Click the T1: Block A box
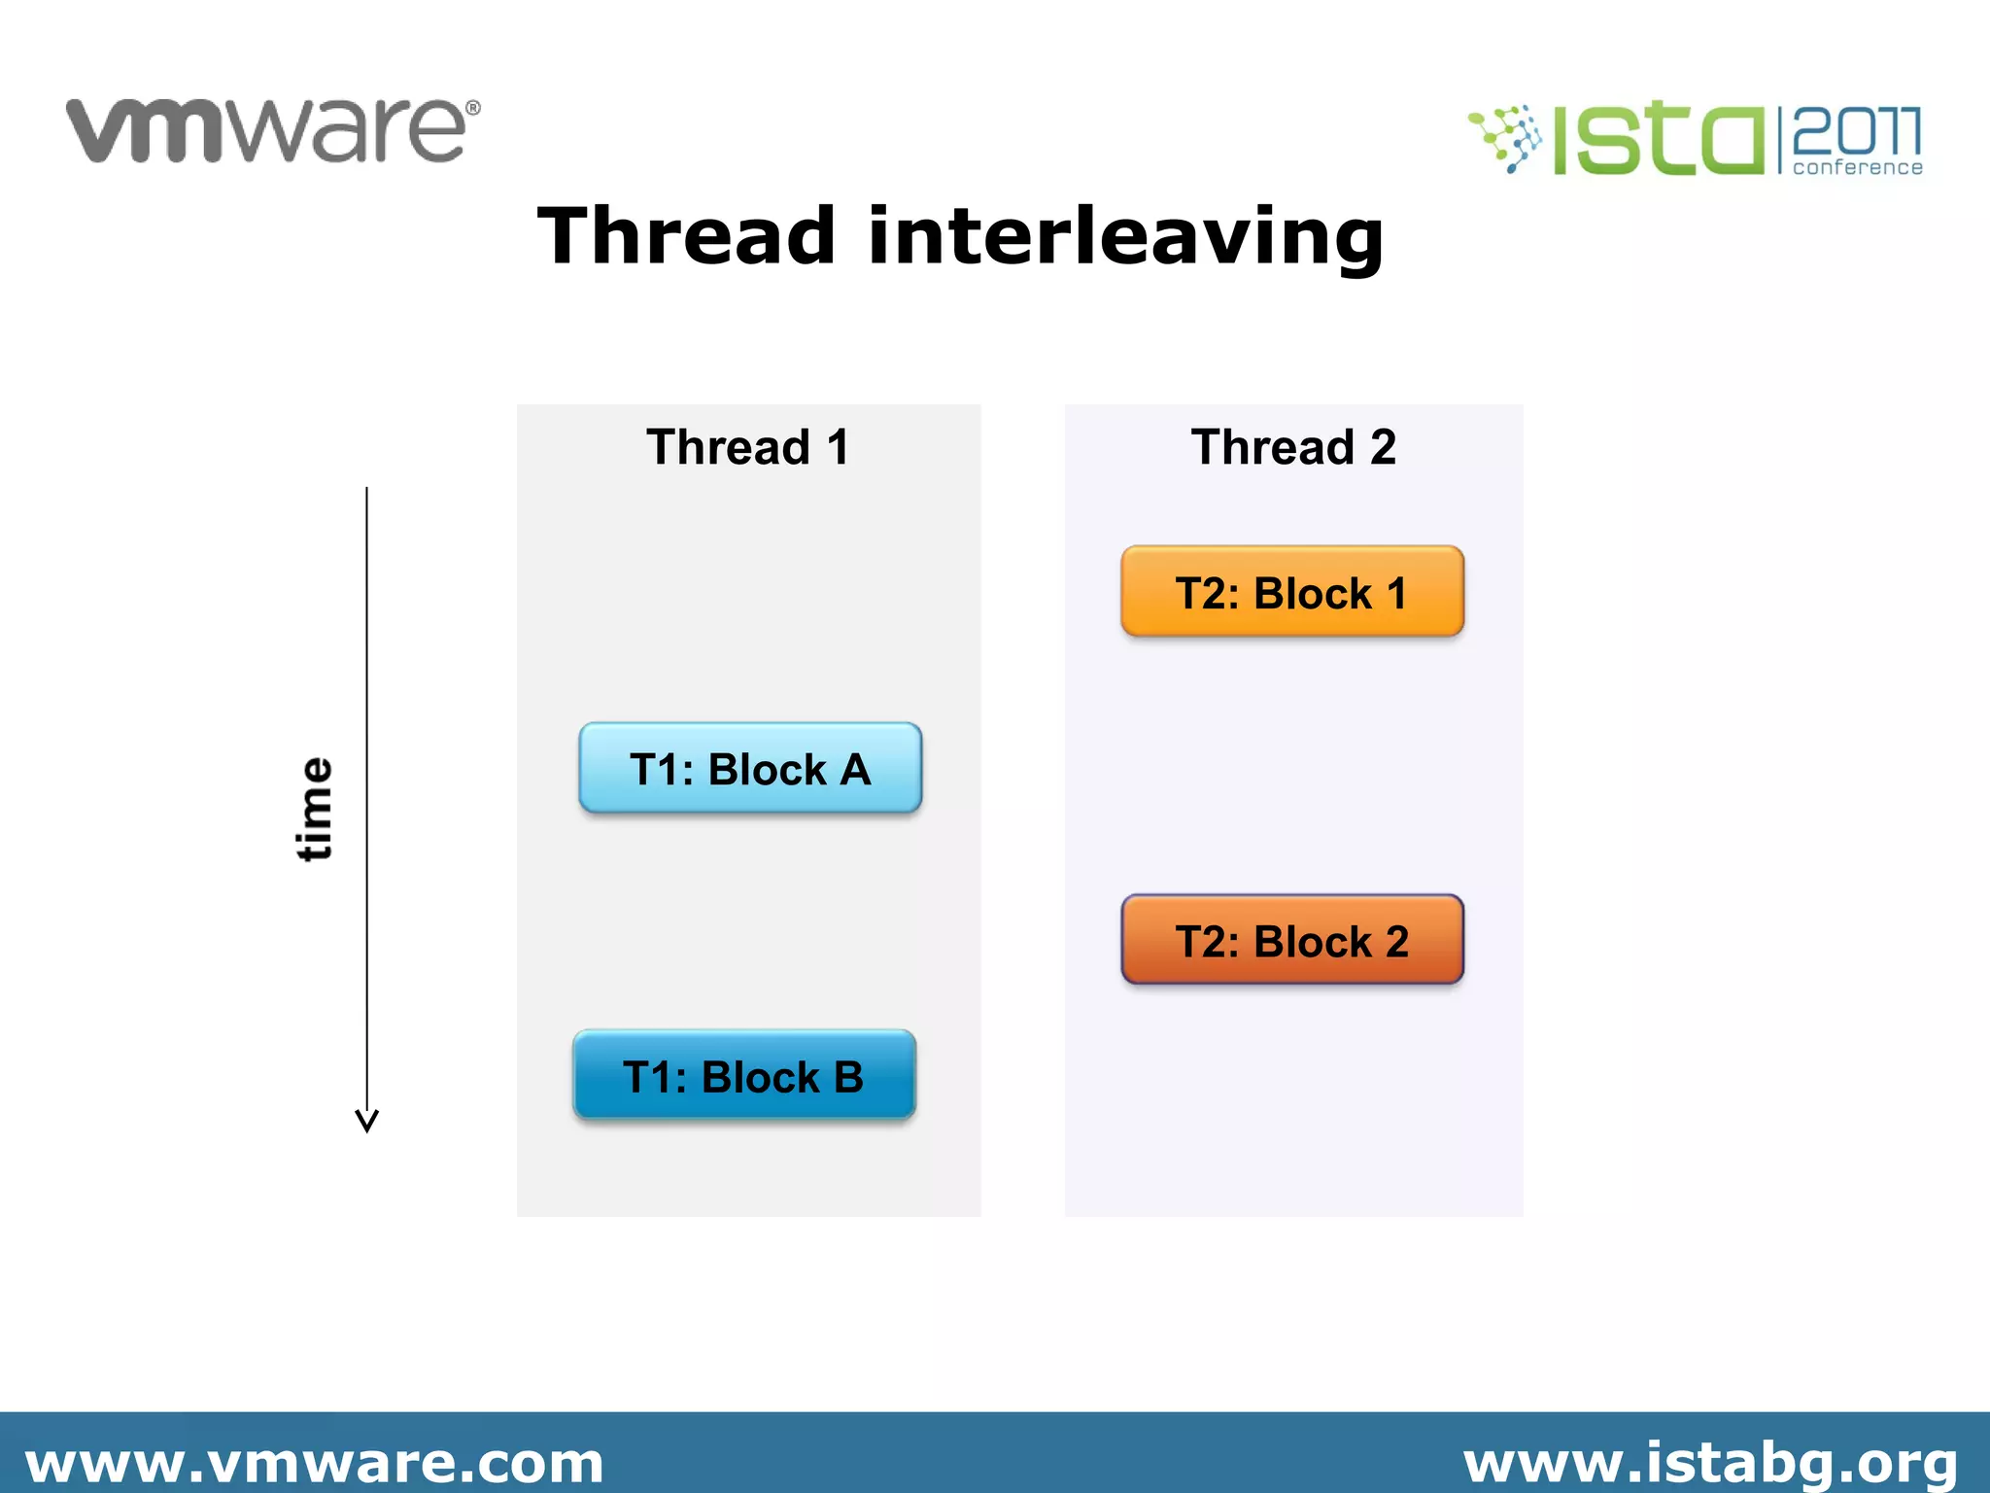point(749,768)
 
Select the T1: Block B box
point(743,1076)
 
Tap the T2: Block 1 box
point(1291,592)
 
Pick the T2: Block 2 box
point(1291,940)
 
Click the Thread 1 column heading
point(748,447)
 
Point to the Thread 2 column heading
point(1293,447)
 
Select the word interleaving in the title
point(1125,237)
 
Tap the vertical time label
point(314,809)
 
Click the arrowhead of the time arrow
point(366,1122)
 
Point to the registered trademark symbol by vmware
point(473,108)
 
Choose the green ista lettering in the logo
point(1657,141)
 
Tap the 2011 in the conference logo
point(1856,130)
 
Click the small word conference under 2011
point(1857,168)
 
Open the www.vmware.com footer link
point(314,1463)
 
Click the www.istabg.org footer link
point(1710,1463)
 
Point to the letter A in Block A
point(855,770)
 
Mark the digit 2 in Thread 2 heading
point(1383,447)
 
